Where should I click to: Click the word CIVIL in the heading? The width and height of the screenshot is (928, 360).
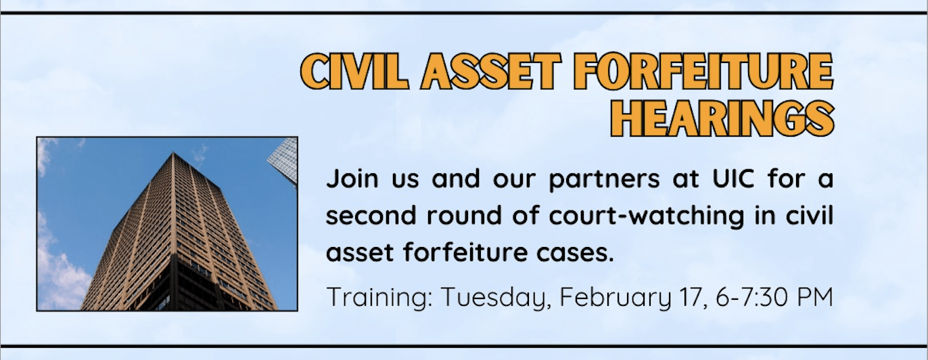pyautogui.click(x=354, y=72)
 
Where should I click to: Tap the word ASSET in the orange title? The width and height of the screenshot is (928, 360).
pyautogui.click(x=491, y=72)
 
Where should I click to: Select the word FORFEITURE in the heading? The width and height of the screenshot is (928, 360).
pyautogui.click(x=703, y=72)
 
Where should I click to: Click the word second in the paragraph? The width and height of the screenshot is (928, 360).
pyautogui.click(x=371, y=215)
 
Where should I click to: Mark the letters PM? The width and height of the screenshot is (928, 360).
pyautogui.click(x=815, y=296)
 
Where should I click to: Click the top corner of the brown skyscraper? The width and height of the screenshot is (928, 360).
pyautogui.click(x=172, y=152)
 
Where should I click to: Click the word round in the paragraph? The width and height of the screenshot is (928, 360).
pyautogui.click(x=464, y=215)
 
